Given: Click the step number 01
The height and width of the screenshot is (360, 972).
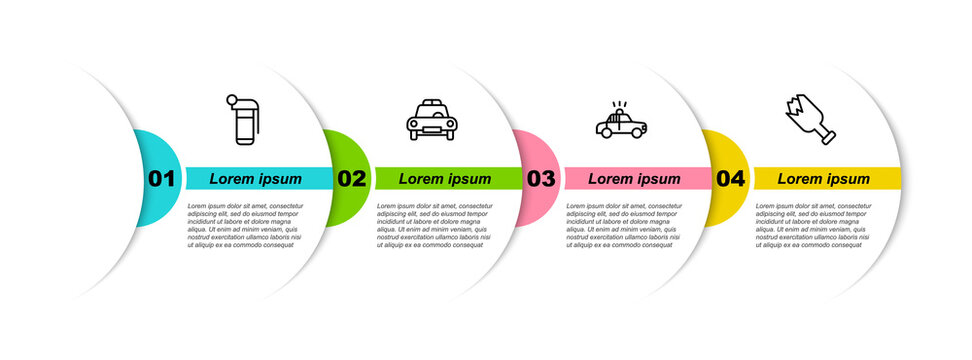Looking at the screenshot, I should (x=161, y=179).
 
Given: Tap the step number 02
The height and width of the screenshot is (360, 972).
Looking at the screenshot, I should (x=351, y=179).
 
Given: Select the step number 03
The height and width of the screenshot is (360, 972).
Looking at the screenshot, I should (x=540, y=179).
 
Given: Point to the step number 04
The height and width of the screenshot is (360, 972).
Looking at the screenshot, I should (x=730, y=179).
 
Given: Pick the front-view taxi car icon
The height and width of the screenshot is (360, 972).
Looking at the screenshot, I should (x=432, y=121).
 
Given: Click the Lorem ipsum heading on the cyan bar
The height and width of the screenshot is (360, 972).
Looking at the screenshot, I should (x=255, y=179).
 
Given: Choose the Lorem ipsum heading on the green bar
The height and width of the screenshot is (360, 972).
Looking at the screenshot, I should (x=445, y=179).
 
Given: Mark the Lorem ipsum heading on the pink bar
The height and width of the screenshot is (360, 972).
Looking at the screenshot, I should (x=634, y=179).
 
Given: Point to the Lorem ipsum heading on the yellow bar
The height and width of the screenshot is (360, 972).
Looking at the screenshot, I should (x=824, y=179).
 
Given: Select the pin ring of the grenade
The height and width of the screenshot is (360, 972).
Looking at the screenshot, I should (x=232, y=100).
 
